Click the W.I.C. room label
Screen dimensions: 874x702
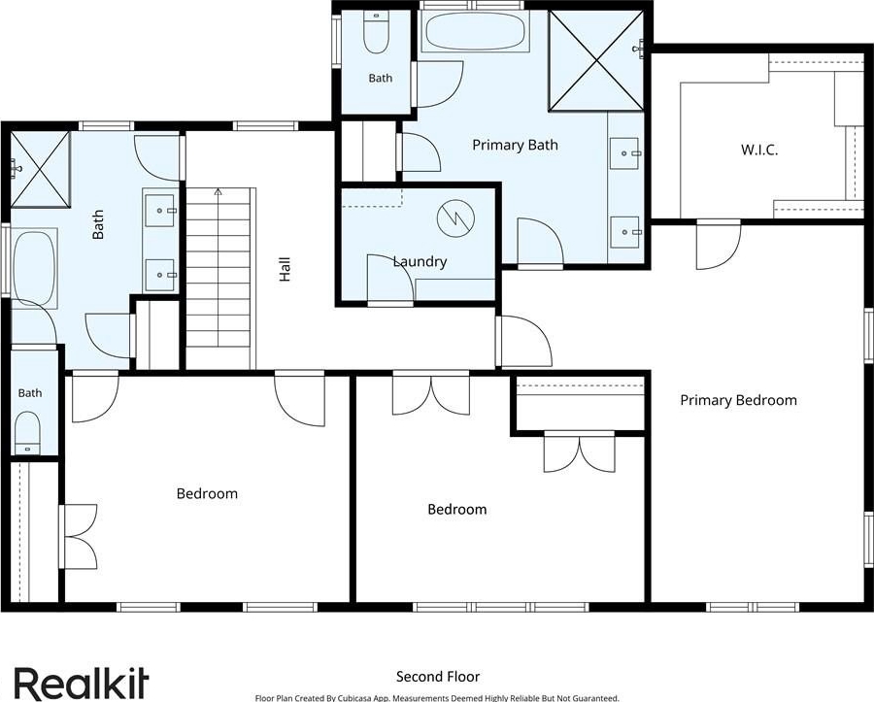tap(759, 150)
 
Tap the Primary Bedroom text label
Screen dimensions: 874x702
tap(739, 400)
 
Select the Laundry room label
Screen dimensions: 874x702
tap(420, 261)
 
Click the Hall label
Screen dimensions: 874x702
tap(285, 269)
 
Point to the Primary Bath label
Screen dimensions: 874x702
tap(515, 145)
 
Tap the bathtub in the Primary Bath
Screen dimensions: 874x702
tap(474, 31)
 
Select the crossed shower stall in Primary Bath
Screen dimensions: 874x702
tap(596, 60)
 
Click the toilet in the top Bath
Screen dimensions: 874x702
tap(375, 32)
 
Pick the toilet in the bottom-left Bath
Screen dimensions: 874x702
tap(27, 433)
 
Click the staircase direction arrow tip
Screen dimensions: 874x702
tap(218, 190)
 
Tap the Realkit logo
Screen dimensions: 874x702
tap(82, 684)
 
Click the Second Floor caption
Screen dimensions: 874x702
tap(438, 677)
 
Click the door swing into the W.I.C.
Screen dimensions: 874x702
tap(719, 245)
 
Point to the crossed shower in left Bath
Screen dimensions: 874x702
tap(40, 168)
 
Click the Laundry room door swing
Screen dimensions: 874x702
tap(390, 280)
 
